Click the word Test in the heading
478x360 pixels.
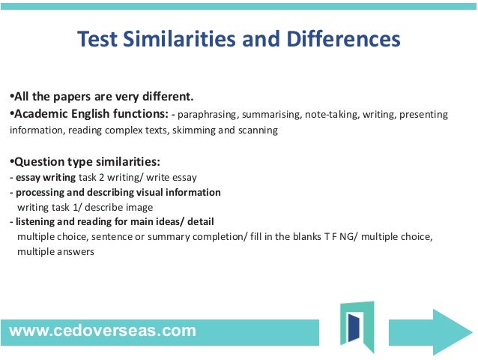(100, 39)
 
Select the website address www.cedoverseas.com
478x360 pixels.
(103, 330)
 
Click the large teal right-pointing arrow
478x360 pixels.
(441, 327)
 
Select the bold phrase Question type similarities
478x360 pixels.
(87, 162)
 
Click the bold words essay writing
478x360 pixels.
(45, 177)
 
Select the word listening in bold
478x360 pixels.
(34, 222)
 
